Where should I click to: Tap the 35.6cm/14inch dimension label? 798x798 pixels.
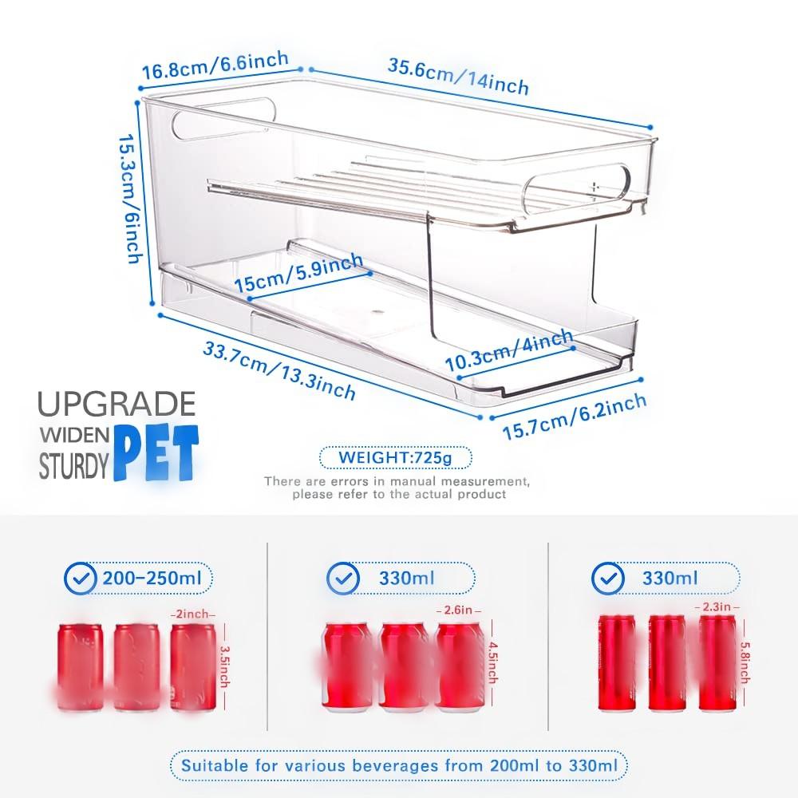pos(458,75)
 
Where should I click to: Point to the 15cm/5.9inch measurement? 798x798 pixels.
pos(298,273)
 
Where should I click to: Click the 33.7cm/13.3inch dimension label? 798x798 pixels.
pos(279,369)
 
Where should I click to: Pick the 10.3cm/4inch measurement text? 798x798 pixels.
pos(509,350)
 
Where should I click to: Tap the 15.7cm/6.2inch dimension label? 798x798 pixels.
pos(574,417)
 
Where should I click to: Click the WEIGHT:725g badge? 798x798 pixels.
pos(395,458)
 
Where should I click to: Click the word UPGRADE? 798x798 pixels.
pos(117,405)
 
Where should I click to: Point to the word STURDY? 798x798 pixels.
pos(73,467)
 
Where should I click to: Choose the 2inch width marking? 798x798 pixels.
pos(192,614)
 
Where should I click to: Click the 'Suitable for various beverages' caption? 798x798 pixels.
pos(399,765)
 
